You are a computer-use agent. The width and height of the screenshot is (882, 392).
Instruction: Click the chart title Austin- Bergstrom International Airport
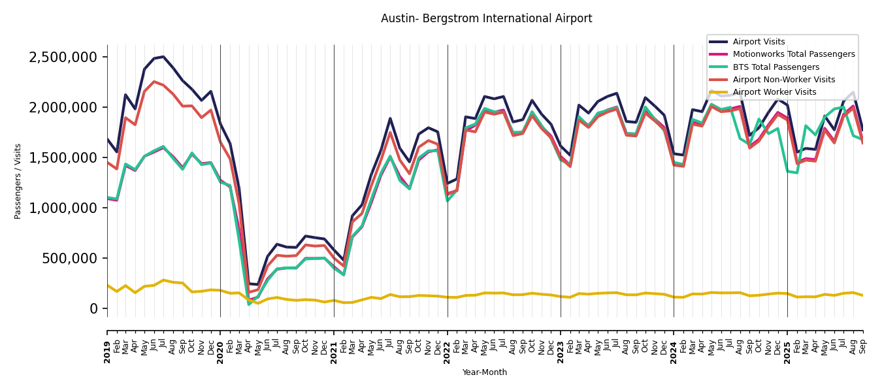[x=486, y=19]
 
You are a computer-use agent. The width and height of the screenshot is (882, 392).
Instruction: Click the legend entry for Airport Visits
[x=759, y=42]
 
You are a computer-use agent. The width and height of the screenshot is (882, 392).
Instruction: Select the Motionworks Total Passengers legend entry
[x=793, y=54]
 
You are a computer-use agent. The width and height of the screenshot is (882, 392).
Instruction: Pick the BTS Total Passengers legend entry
[x=776, y=67]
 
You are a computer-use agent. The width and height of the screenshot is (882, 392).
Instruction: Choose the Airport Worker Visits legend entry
[x=774, y=92]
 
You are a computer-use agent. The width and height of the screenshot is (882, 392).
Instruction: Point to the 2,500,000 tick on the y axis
[x=63, y=57]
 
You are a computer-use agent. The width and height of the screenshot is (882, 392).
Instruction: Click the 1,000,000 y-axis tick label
[x=63, y=208]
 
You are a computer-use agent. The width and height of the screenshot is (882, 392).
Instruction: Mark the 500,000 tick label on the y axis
[x=69, y=258]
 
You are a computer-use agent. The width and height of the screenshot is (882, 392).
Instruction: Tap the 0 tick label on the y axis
[x=93, y=308]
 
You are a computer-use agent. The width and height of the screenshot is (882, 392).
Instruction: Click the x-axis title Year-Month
[x=484, y=372]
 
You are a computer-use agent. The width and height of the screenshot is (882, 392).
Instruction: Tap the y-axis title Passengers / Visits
[x=18, y=181]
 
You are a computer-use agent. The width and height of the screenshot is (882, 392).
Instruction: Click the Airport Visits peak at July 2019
[x=163, y=57]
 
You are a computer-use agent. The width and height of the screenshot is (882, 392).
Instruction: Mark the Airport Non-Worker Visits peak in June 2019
[x=154, y=82]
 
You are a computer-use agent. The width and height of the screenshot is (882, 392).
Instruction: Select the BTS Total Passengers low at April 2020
[x=249, y=304]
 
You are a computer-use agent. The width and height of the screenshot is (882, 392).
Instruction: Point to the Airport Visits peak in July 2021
[x=390, y=118]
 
